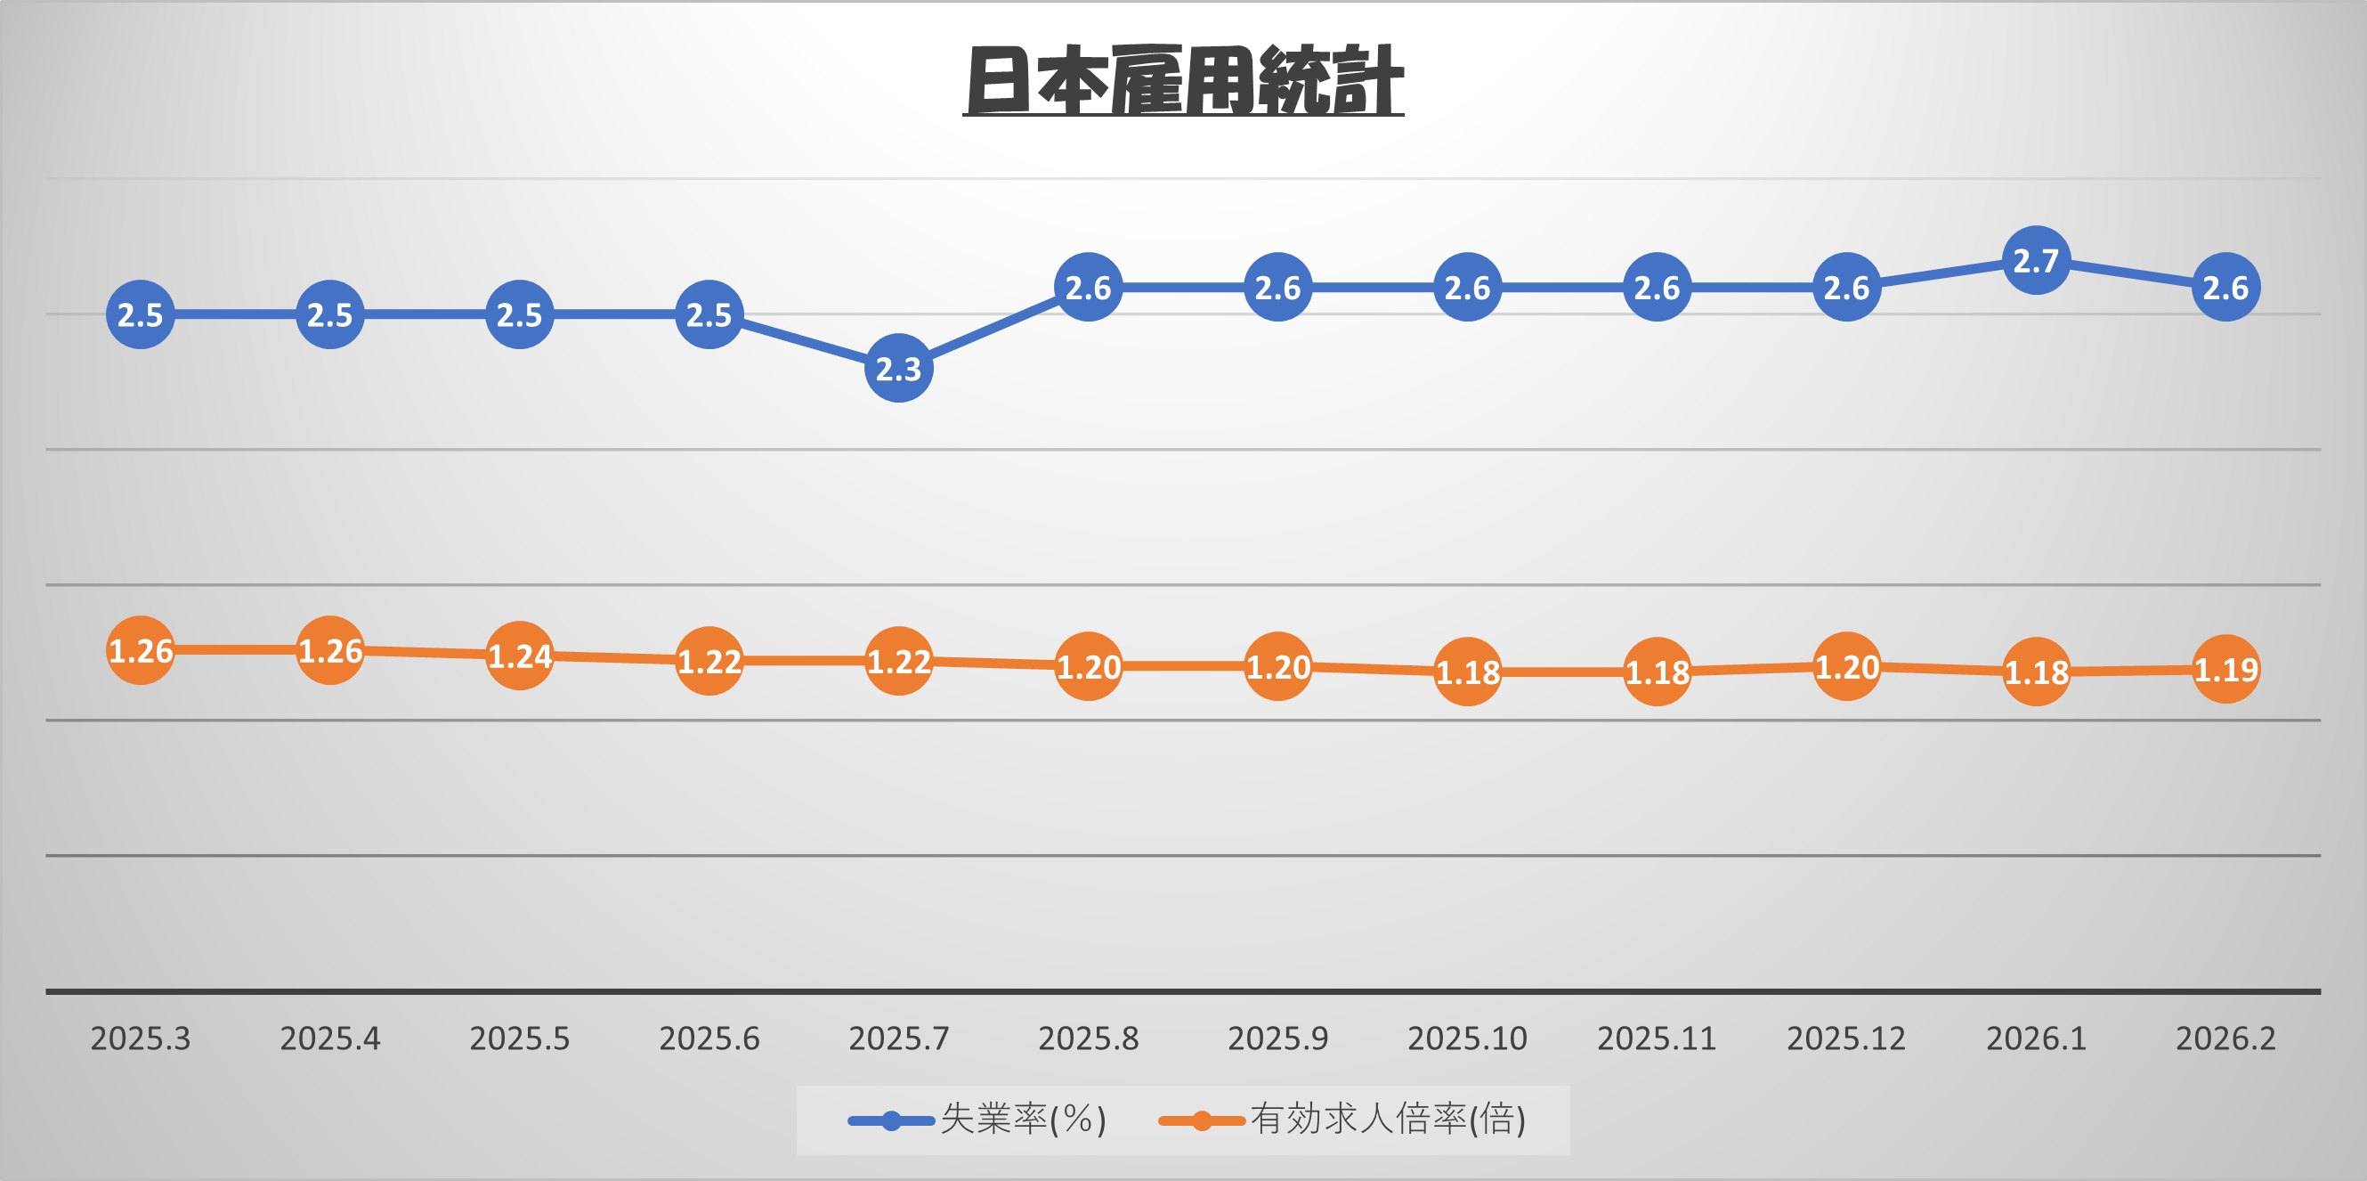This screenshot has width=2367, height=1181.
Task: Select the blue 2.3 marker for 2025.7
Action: point(899,368)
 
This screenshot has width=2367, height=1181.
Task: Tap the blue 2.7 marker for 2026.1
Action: point(2035,260)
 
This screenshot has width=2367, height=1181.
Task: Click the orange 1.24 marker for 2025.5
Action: point(519,656)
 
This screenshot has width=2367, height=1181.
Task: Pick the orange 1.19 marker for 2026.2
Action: point(2225,669)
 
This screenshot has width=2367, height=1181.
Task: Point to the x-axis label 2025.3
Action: point(141,1038)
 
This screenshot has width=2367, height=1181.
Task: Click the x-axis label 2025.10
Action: point(1467,1038)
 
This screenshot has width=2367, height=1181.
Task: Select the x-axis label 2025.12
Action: point(1846,1038)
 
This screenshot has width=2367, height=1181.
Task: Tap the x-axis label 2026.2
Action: point(2225,1038)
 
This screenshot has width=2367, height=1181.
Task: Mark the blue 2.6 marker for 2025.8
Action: point(1088,287)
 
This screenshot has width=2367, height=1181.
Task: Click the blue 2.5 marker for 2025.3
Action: point(141,314)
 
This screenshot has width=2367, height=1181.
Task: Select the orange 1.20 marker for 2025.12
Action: point(1846,666)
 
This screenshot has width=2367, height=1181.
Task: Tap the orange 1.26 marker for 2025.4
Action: point(330,650)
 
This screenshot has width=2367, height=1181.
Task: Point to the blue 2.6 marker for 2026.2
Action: point(2225,287)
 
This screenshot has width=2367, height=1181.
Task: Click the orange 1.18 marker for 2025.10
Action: point(1467,672)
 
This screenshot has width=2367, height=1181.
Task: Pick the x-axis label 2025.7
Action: point(899,1038)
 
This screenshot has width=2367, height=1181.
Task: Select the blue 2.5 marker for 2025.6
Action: point(709,314)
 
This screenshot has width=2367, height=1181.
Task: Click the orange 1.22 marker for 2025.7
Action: point(899,661)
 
